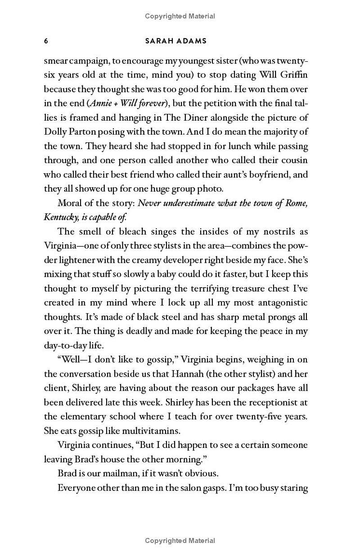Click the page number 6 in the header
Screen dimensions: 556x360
pos(46,41)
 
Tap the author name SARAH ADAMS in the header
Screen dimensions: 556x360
pos(176,41)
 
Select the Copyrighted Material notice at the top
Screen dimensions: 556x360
pos(180,16)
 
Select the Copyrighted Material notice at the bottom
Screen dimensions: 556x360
pos(180,541)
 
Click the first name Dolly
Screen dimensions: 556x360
pos(56,131)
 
